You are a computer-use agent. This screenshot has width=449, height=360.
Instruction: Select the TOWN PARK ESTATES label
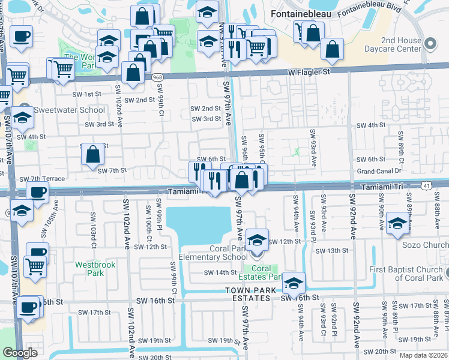[251, 290]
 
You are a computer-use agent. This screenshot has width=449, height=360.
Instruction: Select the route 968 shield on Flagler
[157, 77]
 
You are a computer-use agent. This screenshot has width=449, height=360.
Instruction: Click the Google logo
[20, 353]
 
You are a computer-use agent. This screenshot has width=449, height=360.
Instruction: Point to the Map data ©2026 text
[424, 355]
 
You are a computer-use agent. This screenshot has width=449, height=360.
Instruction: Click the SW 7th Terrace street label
[42, 179]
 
